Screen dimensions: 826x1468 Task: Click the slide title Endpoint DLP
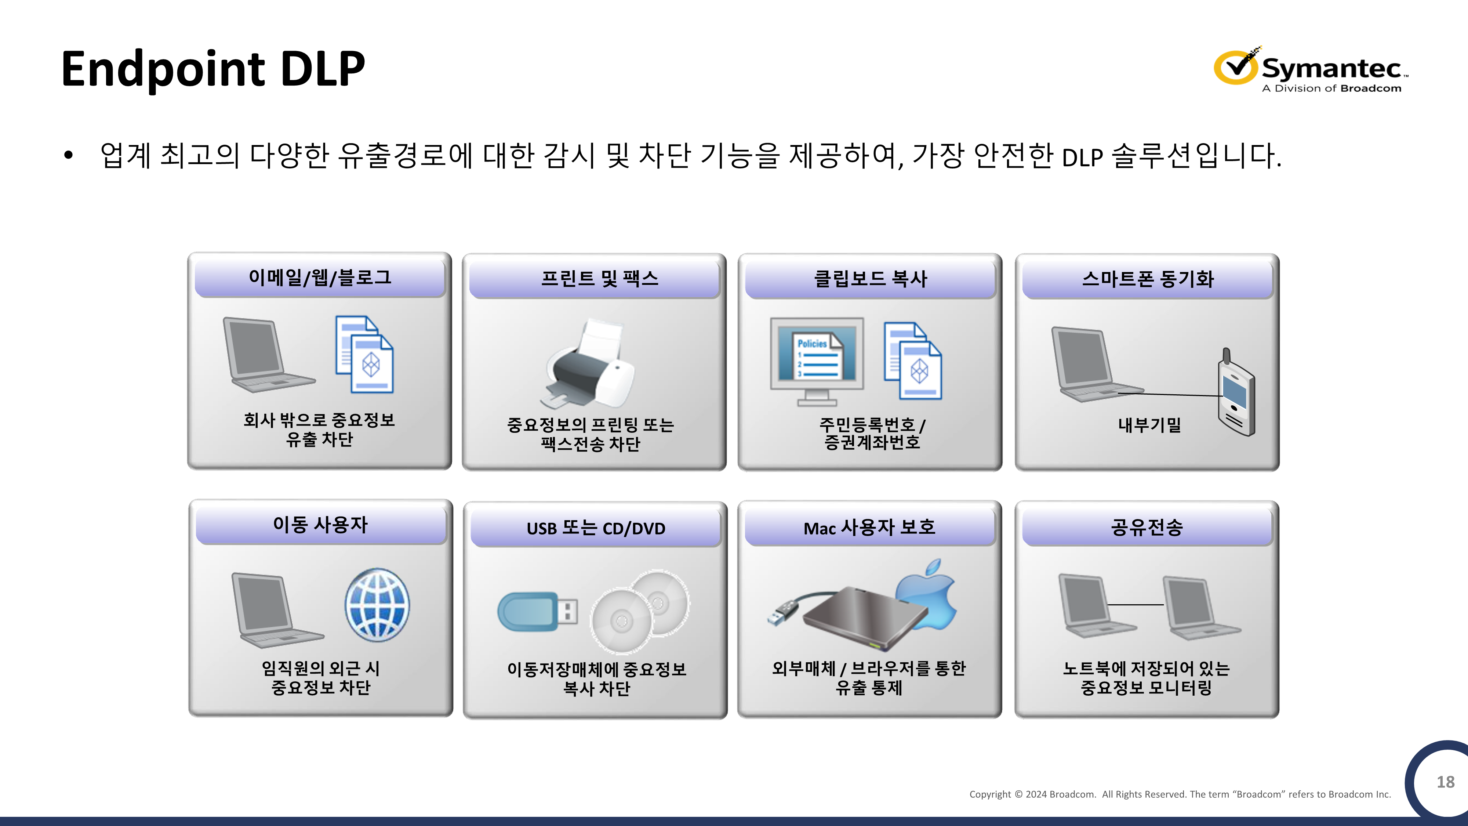(212, 69)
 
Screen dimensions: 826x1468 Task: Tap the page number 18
(1445, 782)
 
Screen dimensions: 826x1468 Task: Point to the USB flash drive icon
(537, 612)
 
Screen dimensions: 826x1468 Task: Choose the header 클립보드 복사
(870, 279)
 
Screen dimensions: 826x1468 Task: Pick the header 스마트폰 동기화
(1147, 279)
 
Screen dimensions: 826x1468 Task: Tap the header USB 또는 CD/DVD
(596, 528)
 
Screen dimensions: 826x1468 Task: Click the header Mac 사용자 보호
(869, 527)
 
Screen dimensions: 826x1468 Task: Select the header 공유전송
(1147, 527)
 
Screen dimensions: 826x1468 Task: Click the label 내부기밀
(1149, 425)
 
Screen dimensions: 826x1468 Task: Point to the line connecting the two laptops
(1135, 604)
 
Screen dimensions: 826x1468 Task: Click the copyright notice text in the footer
(1180, 794)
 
